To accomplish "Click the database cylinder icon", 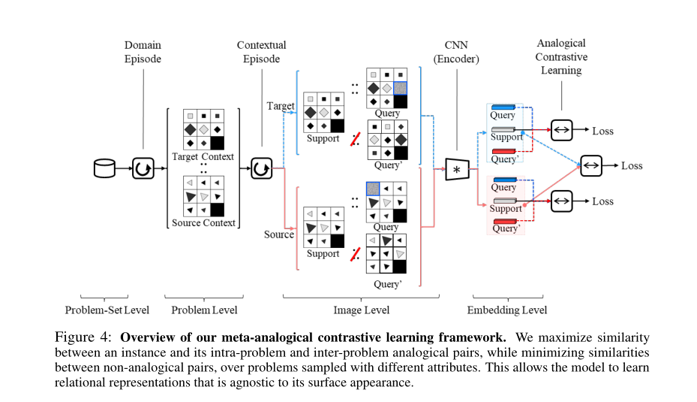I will click(x=104, y=168).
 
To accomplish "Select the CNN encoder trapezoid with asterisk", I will click(x=455, y=170).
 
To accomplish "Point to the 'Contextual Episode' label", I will click(x=262, y=52).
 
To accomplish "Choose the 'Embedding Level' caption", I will click(x=507, y=310).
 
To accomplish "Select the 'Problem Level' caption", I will click(x=204, y=310).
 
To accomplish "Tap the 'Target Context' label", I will click(x=203, y=157).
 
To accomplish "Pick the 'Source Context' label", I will click(x=203, y=222).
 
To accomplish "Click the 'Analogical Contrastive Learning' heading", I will click(x=562, y=56).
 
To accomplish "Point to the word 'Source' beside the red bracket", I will click(x=279, y=234).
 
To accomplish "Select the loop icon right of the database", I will click(x=143, y=168).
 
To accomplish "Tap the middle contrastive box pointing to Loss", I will click(x=592, y=166).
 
